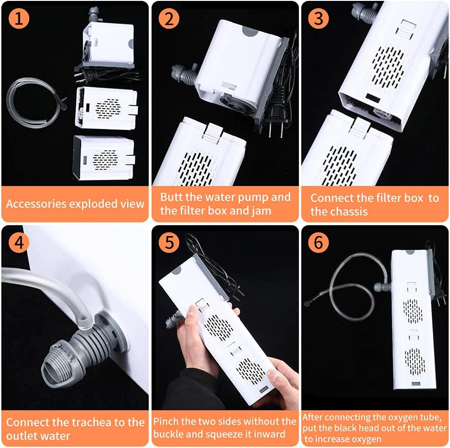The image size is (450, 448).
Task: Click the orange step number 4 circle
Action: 19,242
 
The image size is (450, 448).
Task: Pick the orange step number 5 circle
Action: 169,242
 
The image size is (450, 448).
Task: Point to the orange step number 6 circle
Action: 318,242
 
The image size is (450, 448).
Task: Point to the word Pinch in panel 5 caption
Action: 166,421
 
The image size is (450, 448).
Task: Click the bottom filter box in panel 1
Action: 103,158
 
